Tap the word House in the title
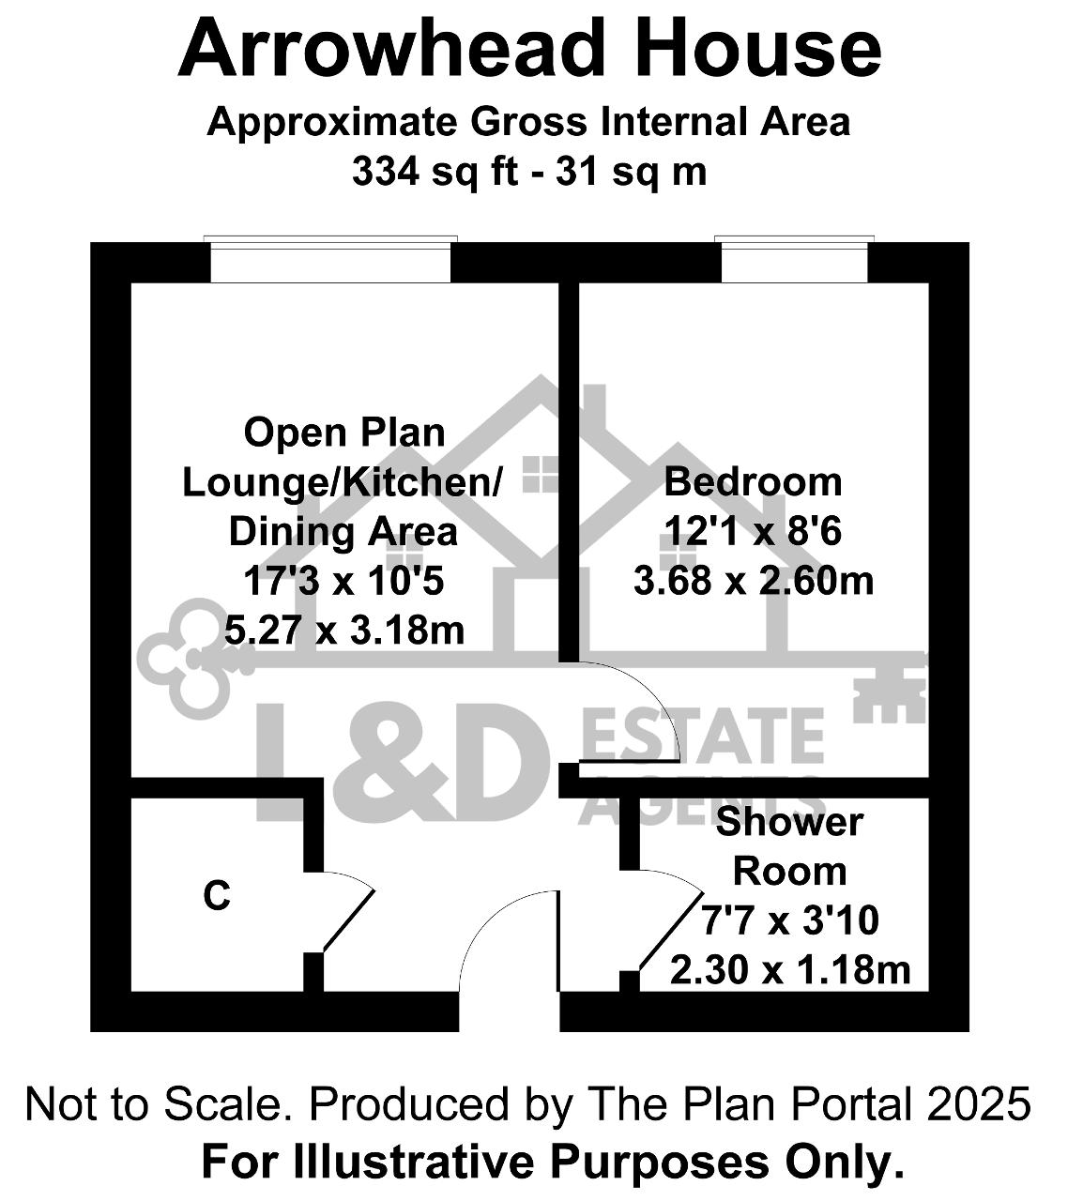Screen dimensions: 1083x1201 (757, 48)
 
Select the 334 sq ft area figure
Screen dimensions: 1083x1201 (435, 172)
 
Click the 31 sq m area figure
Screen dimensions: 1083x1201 (632, 172)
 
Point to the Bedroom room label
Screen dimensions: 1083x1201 (753, 482)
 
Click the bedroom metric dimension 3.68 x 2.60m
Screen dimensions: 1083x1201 (754, 581)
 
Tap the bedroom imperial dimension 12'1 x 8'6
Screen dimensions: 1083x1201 (753, 531)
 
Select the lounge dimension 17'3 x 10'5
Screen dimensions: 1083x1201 (343, 581)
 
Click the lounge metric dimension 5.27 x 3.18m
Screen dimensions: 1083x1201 (344, 630)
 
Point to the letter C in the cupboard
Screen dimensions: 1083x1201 (216, 896)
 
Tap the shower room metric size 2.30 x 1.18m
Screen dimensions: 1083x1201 (790, 969)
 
